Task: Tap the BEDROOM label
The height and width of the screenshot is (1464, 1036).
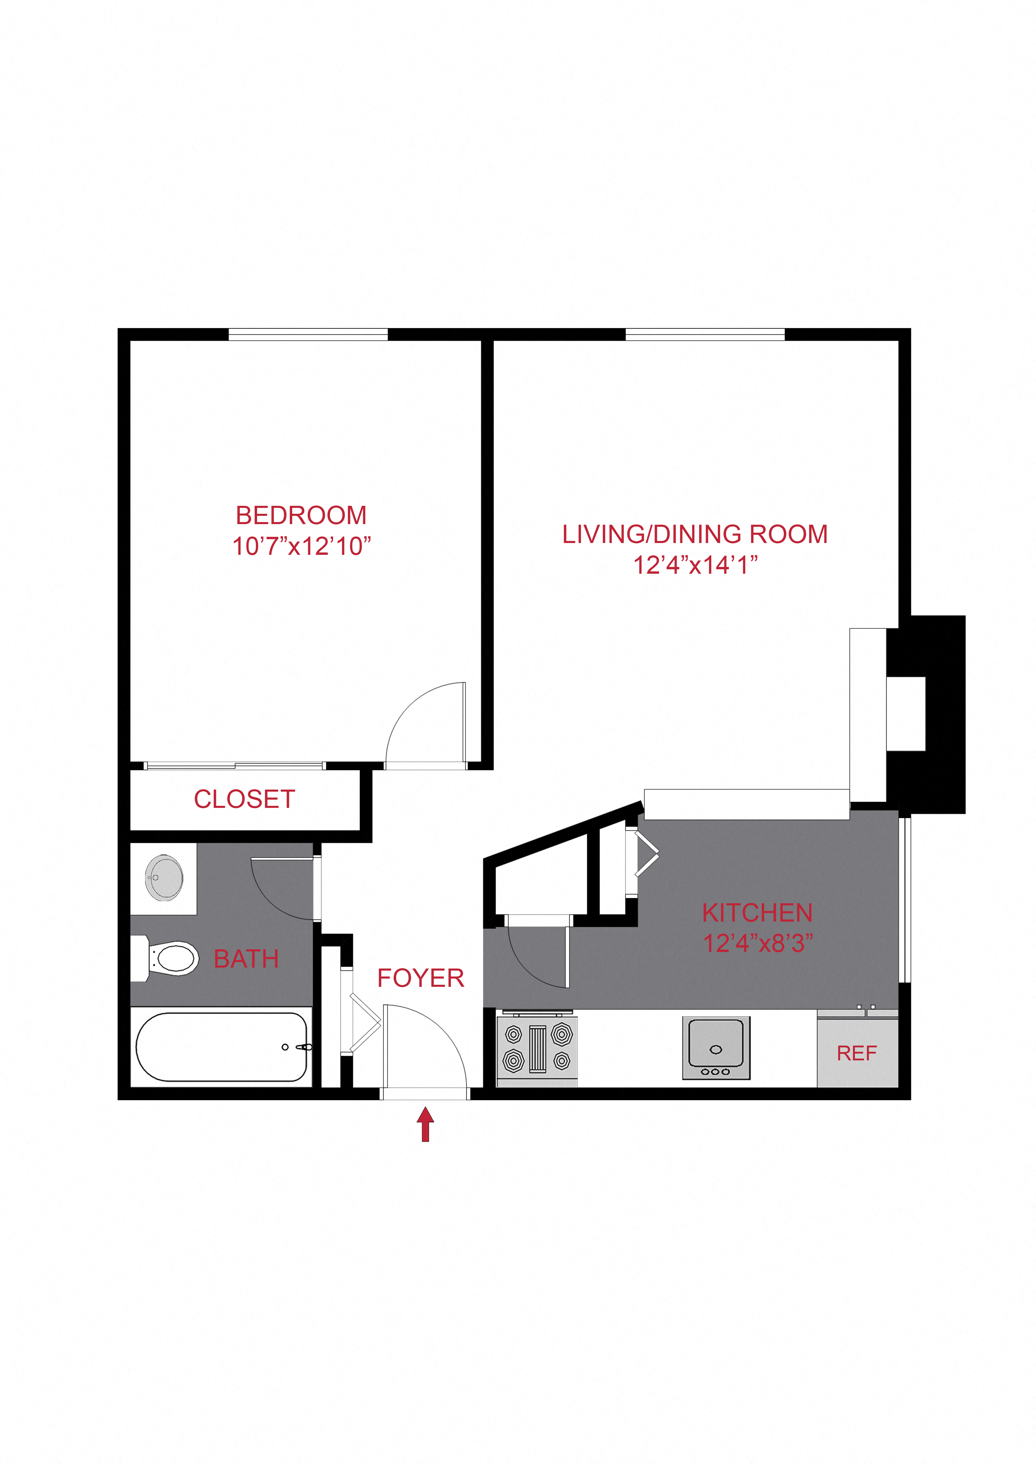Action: coord(301,515)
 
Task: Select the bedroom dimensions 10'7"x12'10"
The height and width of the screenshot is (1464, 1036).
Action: coord(301,547)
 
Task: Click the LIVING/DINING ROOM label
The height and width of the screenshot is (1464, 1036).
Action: coord(695,534)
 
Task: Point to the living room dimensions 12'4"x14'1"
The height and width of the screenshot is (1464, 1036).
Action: coord(695,565)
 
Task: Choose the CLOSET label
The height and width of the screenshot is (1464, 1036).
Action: coord(244,799)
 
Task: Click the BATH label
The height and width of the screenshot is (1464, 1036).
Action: coord(246,959)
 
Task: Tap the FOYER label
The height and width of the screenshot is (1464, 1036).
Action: coord(420,978)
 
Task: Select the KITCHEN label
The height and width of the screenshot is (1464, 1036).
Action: coord(757,913)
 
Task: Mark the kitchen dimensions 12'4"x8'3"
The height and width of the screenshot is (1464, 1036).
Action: coord(757,944)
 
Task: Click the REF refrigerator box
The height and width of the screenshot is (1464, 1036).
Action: coord(857,1053)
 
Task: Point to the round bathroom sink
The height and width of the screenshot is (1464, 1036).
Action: coord(164,878)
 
